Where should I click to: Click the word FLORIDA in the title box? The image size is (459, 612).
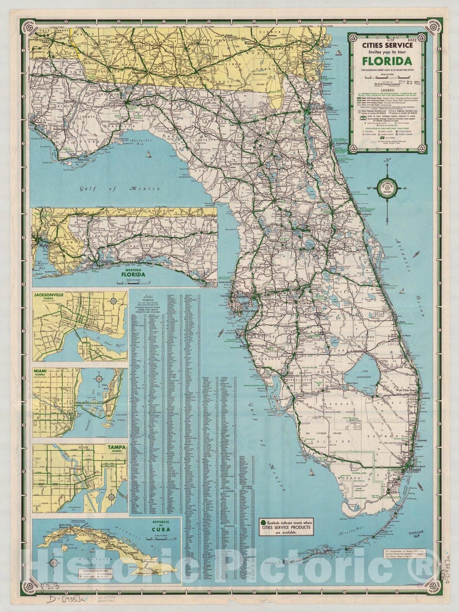tap(387, 61)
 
